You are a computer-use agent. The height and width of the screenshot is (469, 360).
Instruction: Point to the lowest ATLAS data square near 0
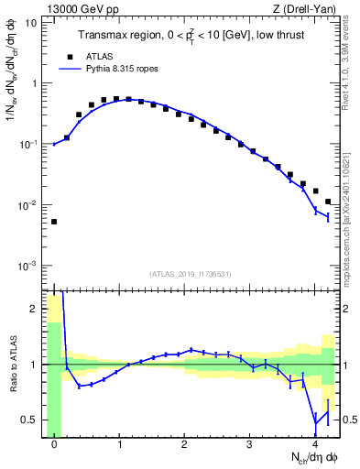pyautogui.click(x=54, y=222)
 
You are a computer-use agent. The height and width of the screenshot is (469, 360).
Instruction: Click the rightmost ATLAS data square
pyautogui.click(x=328, y=202)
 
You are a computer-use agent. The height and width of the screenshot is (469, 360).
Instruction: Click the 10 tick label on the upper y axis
pyautogui.click(x=30, y=22)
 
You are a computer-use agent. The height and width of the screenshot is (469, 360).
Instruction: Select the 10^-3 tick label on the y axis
pyautogui.click(x=27, y=266)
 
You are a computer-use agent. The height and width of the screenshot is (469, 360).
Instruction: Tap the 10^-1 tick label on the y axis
pyautogui.click(x=27, y=144)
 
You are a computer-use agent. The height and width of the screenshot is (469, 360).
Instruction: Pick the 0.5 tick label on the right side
pyautogui.click(x=349, y=420)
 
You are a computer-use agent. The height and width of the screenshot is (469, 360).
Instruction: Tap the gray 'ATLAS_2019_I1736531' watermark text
pyautogui.click(x=191, y=274)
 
